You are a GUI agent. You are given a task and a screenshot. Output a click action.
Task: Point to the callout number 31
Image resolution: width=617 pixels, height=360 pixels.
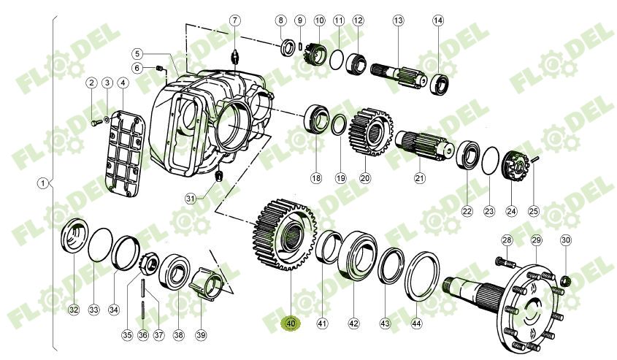[191, 198]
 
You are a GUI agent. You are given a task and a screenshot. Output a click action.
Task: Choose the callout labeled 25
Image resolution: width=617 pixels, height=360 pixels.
[534, 211]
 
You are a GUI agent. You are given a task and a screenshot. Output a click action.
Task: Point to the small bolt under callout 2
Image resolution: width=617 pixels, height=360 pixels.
[94, 123]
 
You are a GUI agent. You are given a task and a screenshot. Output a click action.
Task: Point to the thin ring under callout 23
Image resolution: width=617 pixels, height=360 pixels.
[489, 161]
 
